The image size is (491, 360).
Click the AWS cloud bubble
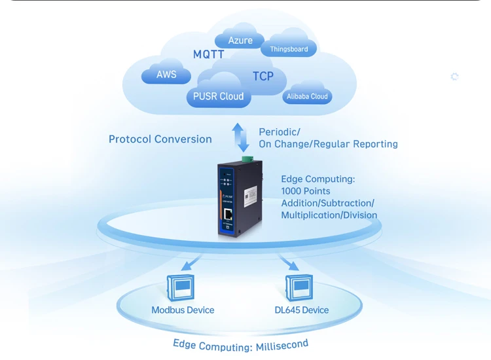166,75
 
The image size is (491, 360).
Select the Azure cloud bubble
240,41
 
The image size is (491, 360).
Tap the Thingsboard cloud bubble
289,49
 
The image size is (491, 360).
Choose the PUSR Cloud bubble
218,96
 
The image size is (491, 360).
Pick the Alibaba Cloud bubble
306,96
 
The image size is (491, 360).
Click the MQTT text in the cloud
209,54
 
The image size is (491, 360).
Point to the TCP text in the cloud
263,77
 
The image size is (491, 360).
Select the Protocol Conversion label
160,139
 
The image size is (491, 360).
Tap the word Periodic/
280,132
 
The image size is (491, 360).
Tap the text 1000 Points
306,190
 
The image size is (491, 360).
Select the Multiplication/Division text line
329,215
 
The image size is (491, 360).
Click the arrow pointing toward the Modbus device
192,263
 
